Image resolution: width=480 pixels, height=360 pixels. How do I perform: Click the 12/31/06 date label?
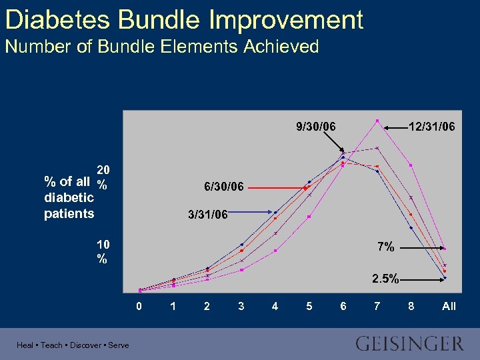432,126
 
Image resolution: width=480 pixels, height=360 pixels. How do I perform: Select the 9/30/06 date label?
316,126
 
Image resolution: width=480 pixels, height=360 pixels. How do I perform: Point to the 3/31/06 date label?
208,215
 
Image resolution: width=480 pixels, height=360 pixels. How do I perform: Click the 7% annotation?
385,247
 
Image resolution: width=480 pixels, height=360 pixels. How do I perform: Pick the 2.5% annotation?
386,279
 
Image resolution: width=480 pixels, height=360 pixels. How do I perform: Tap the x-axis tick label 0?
139,306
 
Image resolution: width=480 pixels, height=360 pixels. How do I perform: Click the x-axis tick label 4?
275,306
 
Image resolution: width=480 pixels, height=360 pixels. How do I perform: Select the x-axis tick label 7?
377,306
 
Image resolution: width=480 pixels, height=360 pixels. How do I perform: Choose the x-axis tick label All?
449,306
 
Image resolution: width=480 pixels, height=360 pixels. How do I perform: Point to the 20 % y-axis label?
103,176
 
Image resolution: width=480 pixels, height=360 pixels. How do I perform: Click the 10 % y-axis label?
103,251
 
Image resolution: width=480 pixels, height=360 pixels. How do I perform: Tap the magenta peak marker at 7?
377,121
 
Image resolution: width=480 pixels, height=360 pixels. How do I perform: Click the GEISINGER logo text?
409,344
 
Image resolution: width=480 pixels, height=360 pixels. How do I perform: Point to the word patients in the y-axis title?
69,213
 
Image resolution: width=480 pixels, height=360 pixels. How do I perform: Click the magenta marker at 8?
411,165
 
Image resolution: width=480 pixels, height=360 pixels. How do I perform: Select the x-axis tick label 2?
207,306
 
